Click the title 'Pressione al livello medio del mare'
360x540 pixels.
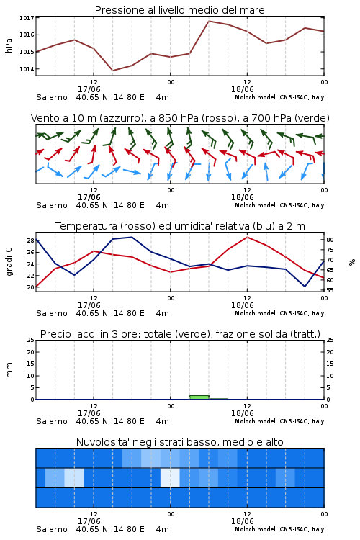pos(179,10)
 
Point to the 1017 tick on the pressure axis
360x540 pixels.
pos(27,18)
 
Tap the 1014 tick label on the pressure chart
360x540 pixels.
pos(27,69)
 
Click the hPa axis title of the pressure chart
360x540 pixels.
pos(9,45)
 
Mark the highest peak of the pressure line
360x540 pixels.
pos(209,21)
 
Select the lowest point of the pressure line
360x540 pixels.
pos(112,71)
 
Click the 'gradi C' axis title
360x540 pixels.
pos(9,261)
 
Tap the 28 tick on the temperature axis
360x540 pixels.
pos(31,240)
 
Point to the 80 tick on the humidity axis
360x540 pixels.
pos(330,240)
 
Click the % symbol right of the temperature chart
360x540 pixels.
pos(352,262)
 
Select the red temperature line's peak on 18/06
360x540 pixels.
pos(247,237)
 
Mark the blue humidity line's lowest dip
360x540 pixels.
pos(305,286)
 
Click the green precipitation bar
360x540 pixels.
pos(199,397)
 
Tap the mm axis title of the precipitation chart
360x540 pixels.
pos(9,369)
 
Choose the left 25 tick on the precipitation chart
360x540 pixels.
pos(31,340)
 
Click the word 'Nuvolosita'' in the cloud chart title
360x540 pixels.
pos(100,442)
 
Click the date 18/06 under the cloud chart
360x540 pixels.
pos(242,521)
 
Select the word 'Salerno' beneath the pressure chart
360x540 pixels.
pos(52,97)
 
